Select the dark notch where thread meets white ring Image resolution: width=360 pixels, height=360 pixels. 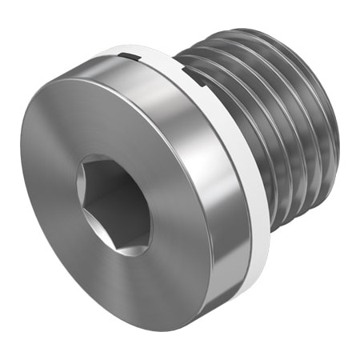click(191, 78)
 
